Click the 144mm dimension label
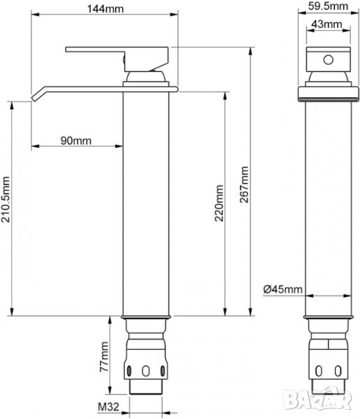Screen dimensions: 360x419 point(105,9)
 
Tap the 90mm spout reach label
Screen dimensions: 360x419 point(76,140)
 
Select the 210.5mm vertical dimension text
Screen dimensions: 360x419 point(6,199)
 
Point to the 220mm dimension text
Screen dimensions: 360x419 point(219,203)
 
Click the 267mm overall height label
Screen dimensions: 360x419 point(243,184)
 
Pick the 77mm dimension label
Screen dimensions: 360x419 point(104,356)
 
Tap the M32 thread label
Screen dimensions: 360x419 point(108,406)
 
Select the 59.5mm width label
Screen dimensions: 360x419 point(328,6)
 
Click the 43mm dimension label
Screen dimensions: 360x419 point(327,24)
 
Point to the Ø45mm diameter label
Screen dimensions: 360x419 point(283,289)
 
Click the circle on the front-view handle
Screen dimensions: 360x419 point(328,59)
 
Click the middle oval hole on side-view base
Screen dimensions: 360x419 point(146,371)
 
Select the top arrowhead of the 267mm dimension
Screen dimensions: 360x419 point(250,51)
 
